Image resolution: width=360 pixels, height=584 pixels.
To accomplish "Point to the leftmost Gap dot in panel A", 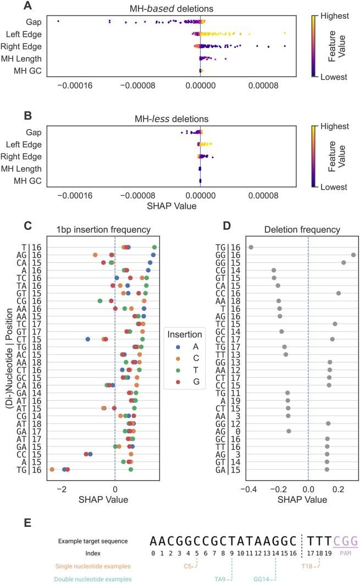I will tap(58, 21).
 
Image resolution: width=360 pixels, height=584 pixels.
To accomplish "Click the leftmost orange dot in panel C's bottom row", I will tap(52, 469).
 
